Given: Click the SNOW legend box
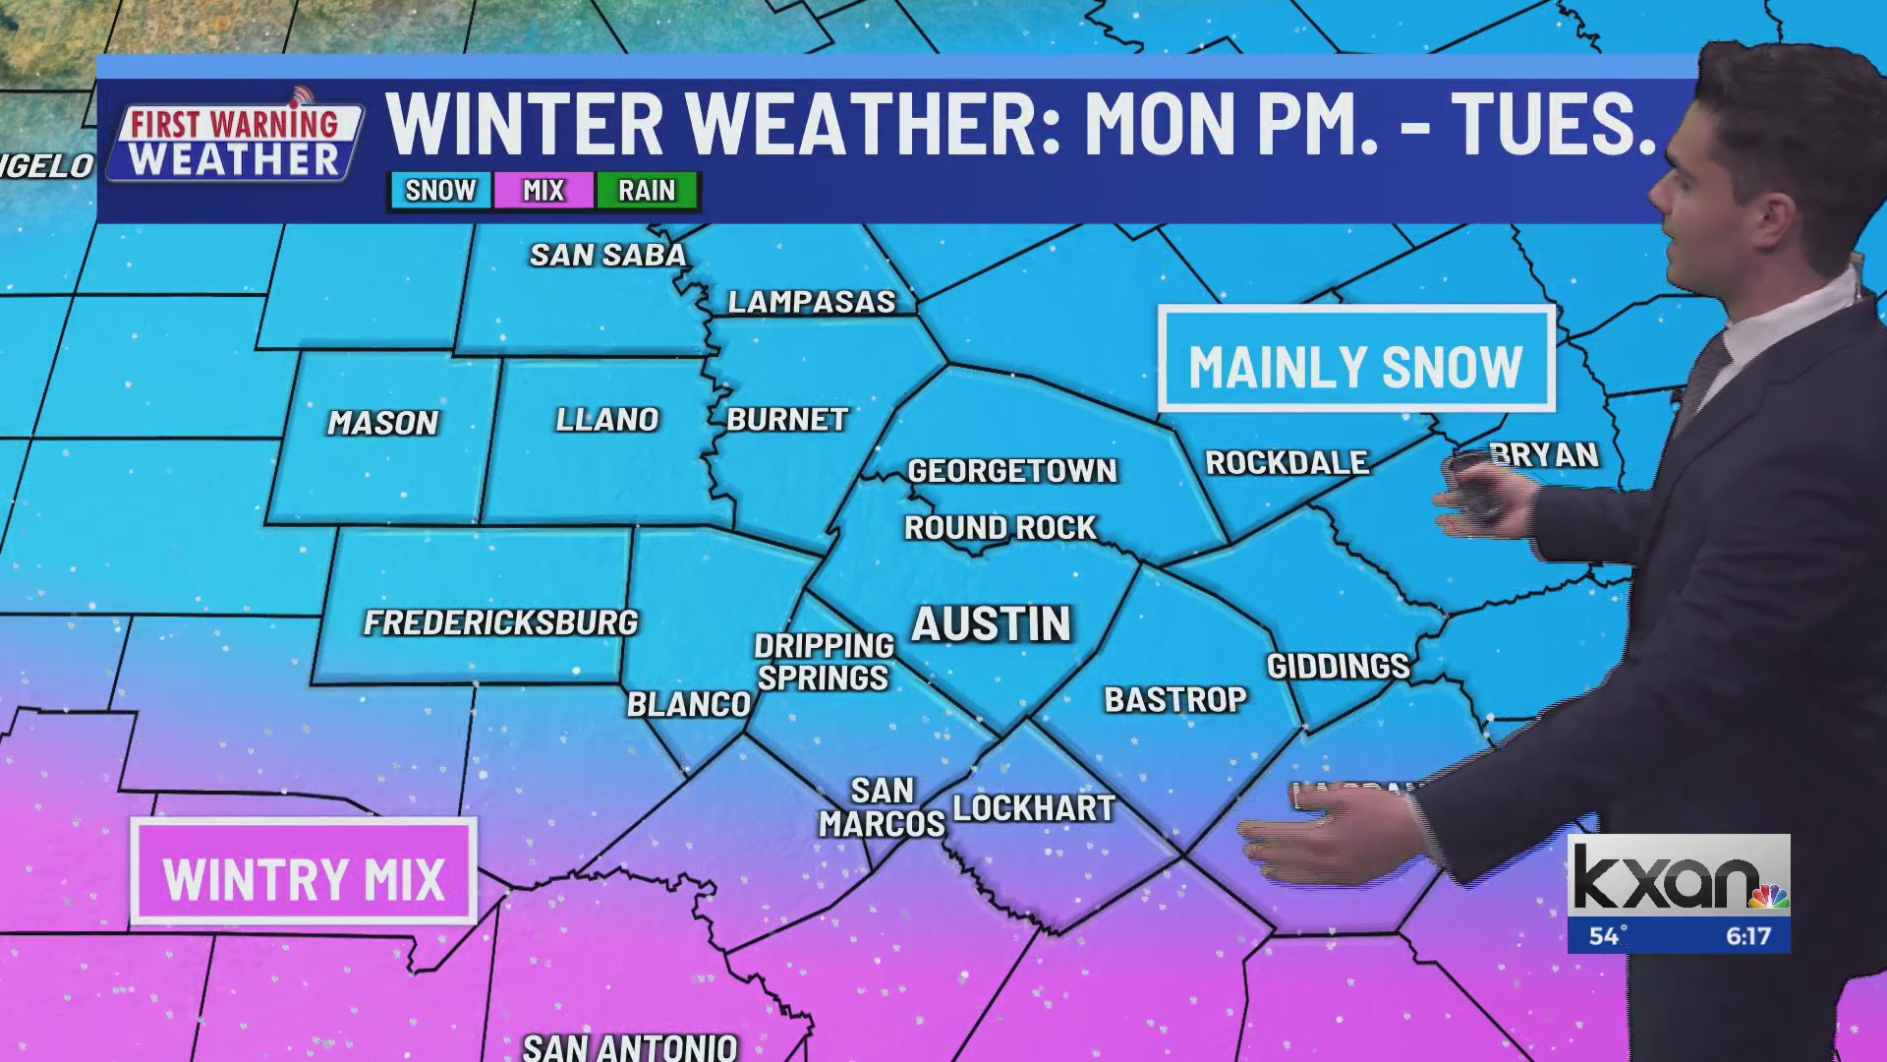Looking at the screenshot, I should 440,190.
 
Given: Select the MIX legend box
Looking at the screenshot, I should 543,190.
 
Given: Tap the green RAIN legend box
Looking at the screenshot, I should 647,190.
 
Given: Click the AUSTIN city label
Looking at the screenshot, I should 991,624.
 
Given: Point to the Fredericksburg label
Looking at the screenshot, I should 500,622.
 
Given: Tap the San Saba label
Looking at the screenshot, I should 607,256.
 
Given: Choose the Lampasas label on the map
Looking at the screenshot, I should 812,302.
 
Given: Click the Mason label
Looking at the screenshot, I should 383,423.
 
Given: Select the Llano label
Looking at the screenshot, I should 606,420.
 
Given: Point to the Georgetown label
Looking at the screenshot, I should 1012,471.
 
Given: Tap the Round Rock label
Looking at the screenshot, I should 1000,528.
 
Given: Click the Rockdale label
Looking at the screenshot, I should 1287,462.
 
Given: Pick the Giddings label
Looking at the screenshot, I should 1338,667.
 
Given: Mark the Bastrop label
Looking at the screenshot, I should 1175,699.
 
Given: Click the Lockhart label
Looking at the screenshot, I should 1034,808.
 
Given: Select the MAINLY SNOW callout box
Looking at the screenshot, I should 1355,360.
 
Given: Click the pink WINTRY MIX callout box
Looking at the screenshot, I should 304,873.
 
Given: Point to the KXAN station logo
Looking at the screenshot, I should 1678,876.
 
